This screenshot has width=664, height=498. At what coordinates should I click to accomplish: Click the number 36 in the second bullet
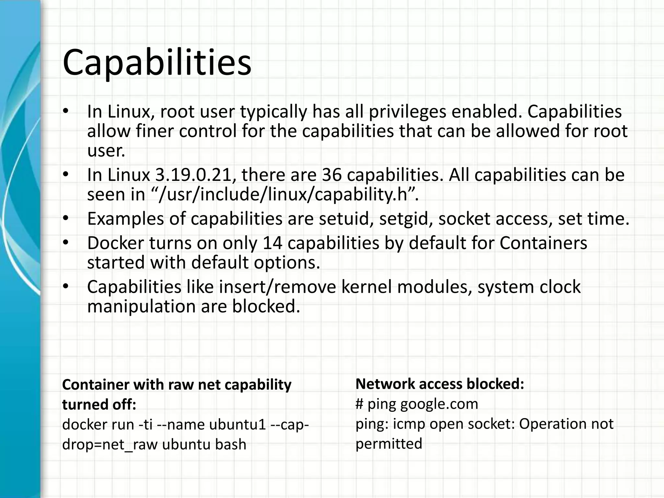point(332,175)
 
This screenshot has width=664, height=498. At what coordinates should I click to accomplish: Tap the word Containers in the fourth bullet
point(543,243)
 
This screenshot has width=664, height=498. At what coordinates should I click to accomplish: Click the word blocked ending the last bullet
point(266,306)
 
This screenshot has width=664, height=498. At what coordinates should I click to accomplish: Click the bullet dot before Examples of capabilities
point(66,219)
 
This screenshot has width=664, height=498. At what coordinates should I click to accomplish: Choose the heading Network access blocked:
point(440,384)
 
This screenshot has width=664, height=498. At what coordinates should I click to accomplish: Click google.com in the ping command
point(439,404)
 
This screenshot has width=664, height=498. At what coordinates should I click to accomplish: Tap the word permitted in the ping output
point(389,444)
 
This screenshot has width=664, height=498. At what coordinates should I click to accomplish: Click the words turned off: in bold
point(99,405)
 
